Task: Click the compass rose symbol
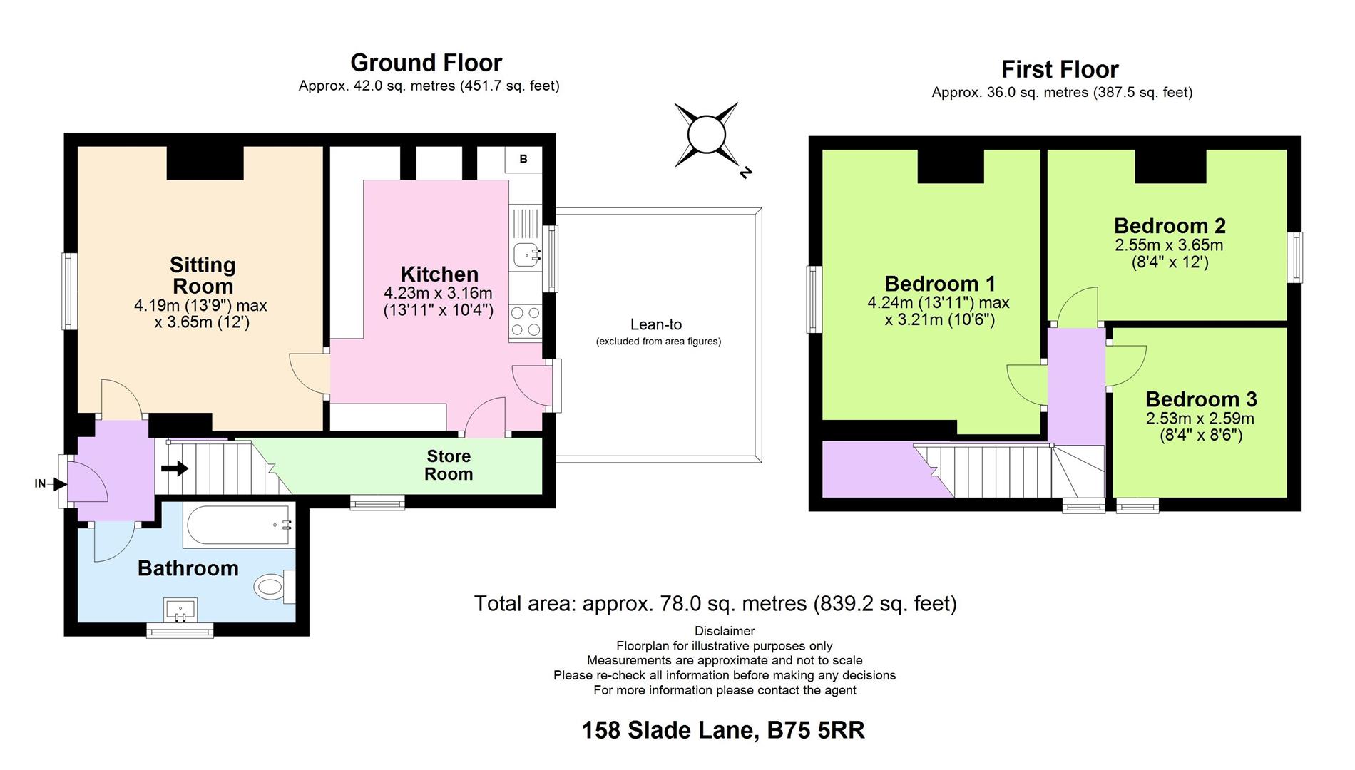(706, 135)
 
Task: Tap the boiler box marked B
(523, 159)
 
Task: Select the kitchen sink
(526, 253)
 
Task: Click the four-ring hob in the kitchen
(526, 321)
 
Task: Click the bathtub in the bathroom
(238, 526)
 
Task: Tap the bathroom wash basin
(180, 610)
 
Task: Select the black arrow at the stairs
(175, 468)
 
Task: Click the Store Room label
(448, 465)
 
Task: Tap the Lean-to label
(656, 324)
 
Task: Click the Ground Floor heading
(426, 63)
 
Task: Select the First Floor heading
(1060, 69)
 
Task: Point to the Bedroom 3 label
(1201, 399)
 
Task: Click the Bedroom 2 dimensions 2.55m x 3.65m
(1169, 245)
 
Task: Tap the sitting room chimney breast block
(205, 163)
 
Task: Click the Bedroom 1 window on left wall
(814, 299)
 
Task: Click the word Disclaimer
(724, 630)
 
